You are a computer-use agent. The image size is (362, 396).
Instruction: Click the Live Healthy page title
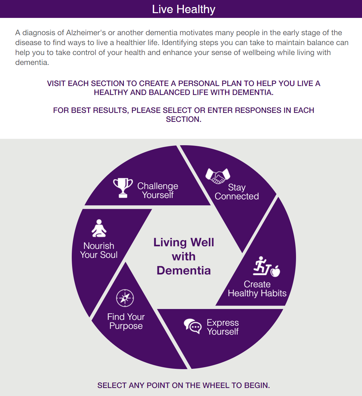pos(184,9)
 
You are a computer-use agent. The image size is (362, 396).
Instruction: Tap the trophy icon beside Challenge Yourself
pos(123,188)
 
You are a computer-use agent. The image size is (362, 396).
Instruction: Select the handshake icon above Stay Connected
pos(218,176)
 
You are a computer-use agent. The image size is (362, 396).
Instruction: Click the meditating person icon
pos(99,228)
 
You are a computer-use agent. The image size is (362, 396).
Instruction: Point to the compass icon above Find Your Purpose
pos(125,298)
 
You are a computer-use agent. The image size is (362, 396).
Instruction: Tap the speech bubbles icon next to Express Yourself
pos(193,326)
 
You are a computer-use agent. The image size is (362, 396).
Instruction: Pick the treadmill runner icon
pos(261,266)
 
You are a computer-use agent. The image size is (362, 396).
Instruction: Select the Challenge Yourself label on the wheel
pos(158,190)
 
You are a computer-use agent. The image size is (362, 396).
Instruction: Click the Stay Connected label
pos(237,192)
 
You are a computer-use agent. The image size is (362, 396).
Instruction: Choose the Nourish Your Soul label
pos(99,250)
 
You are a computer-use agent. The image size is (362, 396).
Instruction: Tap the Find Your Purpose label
pos(126,321)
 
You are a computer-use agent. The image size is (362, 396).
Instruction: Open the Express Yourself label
pos(223,327)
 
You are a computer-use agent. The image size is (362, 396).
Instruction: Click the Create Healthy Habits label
pos(257,289)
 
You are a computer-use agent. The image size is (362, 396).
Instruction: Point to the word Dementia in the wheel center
pos(184,270)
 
